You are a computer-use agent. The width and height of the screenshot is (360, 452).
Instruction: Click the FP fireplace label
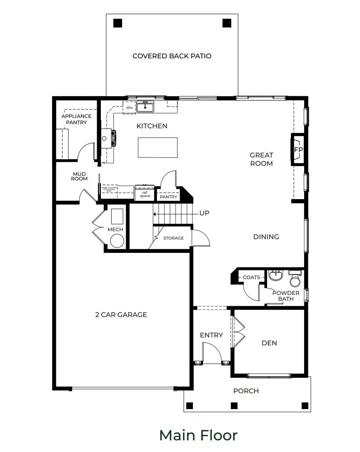298,150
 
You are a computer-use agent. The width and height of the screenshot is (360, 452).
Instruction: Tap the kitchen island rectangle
157,147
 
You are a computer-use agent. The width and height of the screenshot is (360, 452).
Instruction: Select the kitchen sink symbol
145,107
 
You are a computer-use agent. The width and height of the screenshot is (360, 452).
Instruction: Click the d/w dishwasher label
130,107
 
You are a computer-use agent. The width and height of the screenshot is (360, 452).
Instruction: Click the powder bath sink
275,276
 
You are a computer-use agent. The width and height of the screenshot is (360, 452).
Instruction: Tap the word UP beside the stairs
204,213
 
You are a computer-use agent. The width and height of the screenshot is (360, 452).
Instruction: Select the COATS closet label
251,277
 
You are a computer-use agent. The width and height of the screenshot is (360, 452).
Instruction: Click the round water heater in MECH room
117,241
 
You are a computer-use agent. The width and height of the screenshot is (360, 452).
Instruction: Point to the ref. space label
145,194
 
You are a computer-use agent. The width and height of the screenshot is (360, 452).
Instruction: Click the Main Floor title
198,435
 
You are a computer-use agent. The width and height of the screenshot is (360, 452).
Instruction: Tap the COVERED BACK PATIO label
172,56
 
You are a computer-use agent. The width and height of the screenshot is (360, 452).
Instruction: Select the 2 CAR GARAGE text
121,315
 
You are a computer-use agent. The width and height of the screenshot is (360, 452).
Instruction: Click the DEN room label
269,343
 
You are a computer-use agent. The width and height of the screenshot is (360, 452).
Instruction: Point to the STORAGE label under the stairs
173,238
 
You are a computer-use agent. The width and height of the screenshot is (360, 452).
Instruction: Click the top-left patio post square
118,23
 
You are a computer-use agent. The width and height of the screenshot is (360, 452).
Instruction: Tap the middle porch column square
234,405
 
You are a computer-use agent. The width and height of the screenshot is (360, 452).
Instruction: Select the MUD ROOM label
79,176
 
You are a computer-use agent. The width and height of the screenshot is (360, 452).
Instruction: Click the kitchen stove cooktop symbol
113,138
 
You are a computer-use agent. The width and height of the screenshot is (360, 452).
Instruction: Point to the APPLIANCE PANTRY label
77,119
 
